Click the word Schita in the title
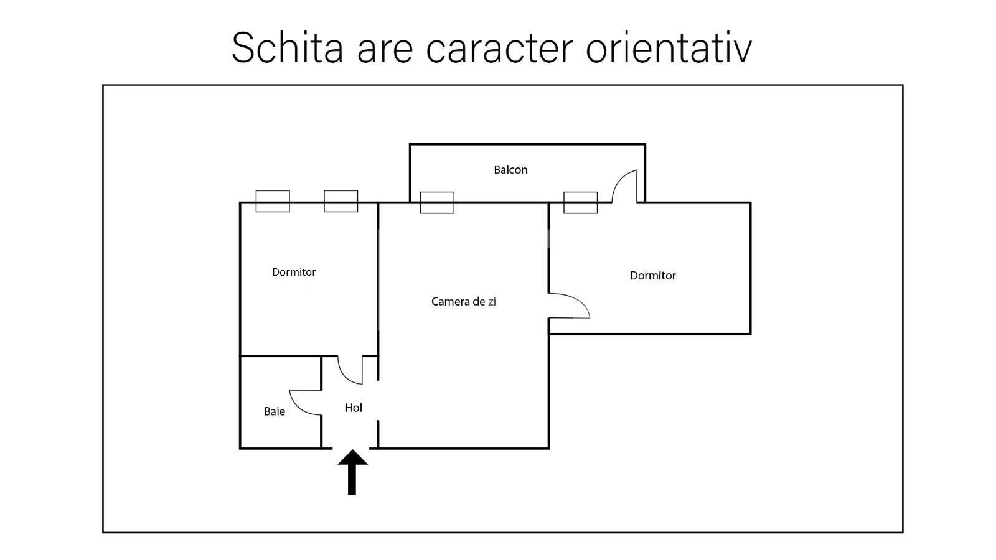coord(287,47)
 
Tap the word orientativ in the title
coord(669,47)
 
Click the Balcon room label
coord(510,170)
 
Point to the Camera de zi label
coord(463,302)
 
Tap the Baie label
coord(275,411)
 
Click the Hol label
coord(354,408)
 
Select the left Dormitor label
coord(294,272)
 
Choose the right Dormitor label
coord(653,276)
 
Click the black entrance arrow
coord(352,472)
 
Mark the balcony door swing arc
coord(624,186)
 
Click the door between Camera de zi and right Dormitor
coord(569,306)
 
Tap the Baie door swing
coord(306,403)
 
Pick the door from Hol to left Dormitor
coord(350,370)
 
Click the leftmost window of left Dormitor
coord(273,202)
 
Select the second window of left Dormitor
coord(341,202)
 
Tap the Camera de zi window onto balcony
coord(437,203)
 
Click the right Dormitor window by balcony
coord(581,203)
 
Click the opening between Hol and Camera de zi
coord(378,400)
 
